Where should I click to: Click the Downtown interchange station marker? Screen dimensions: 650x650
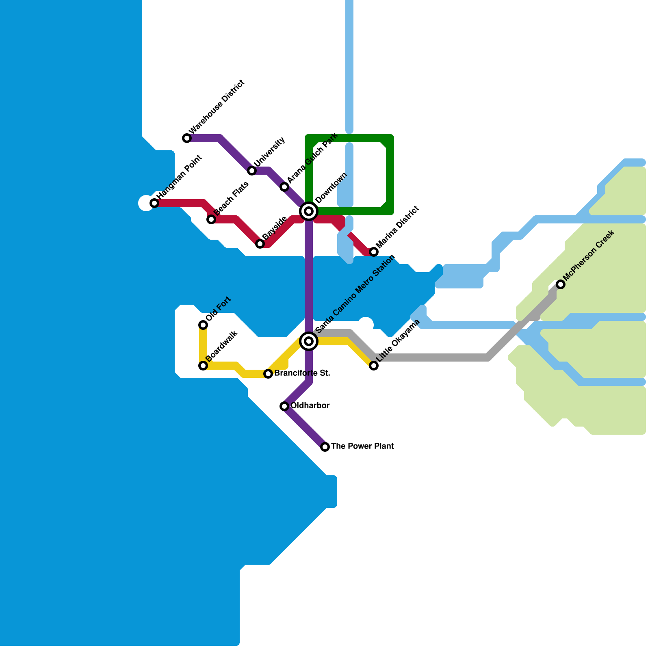coord(309,211)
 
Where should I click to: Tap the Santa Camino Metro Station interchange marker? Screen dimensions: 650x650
coord(309,341)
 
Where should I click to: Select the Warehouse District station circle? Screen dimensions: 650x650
coord(187,138)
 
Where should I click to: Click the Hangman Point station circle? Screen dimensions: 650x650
coord(154,203)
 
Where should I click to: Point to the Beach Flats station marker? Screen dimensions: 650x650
coord(211,219)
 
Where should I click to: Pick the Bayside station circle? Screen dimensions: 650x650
coord(260,244)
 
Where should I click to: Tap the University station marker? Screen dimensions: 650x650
coord(252,171)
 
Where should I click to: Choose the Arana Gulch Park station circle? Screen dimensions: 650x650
coord(284,187)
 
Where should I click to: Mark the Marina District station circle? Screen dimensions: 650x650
coord(374,252)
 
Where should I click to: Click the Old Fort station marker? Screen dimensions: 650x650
coord(203,325)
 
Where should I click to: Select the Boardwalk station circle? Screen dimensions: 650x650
coord(203,366)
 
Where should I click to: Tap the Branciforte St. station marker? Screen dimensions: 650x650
coord(268,374)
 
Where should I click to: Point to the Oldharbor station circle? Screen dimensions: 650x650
coord(284,406)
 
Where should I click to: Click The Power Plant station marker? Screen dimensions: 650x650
coord(325,447)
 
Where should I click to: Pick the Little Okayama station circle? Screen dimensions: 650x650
coord(374,366)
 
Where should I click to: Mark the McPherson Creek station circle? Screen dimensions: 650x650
coord(561,284)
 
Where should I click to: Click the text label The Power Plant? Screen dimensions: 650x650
coord(362,446)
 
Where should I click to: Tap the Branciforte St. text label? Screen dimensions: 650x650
coord(302,373)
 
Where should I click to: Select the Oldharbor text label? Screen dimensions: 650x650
coord(310,406)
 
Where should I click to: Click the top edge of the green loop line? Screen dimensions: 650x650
coord(349,138)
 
